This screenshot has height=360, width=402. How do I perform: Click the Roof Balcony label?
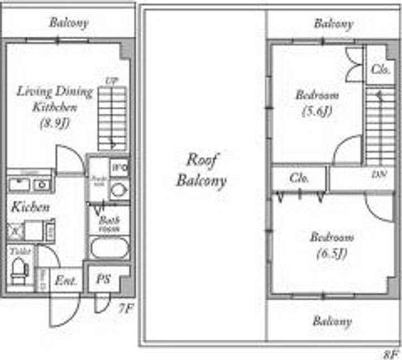pyautogui.click(x=202, y=170)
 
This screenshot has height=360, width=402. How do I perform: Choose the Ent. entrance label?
pyautogui.click(x=65, y=280)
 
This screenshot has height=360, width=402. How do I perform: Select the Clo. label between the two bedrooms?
pyautogui.click(x=299, y=179)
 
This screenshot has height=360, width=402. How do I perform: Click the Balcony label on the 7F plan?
pyautogui.click(x=69, y=23)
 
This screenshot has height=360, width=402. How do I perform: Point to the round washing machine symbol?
pyautogui.click(x=118, y=190)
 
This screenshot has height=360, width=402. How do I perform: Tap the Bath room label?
pyautogui.click(x=109, y=223)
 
